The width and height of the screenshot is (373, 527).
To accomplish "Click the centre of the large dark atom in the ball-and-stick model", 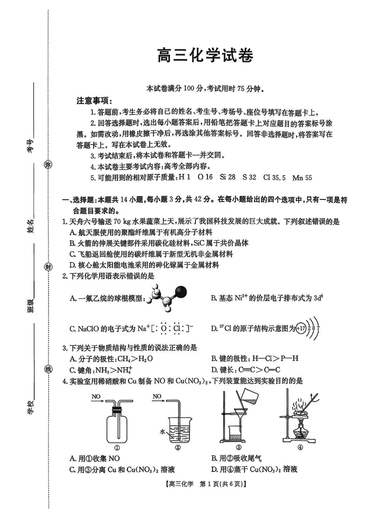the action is pyautogui.click(x=181, y=292).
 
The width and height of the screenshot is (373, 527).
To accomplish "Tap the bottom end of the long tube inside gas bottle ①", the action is pyautogui.click(x=119, y=438).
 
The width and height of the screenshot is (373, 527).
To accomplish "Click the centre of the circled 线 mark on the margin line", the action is pyautogui.click(x=49, y=370).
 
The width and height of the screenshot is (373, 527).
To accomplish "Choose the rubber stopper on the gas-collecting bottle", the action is pyautogui.click(x=117, y=411).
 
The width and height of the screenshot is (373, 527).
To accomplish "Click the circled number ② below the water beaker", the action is pyautogui.click(x=178, y=447).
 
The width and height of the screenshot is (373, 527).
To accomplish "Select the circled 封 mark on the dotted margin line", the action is pyautogui.click(x=49, y=267).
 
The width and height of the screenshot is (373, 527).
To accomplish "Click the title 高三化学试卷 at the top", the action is pyautogui.click(x=205, y=55).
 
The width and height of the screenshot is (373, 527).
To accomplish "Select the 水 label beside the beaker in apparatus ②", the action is pyautogui.click(x=162, y=431).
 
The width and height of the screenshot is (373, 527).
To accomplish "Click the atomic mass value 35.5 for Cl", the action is pyautogui.click(x=279, y=178).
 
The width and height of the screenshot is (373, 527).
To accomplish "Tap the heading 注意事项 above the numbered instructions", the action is pyautogui.click(x=95, y=101).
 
